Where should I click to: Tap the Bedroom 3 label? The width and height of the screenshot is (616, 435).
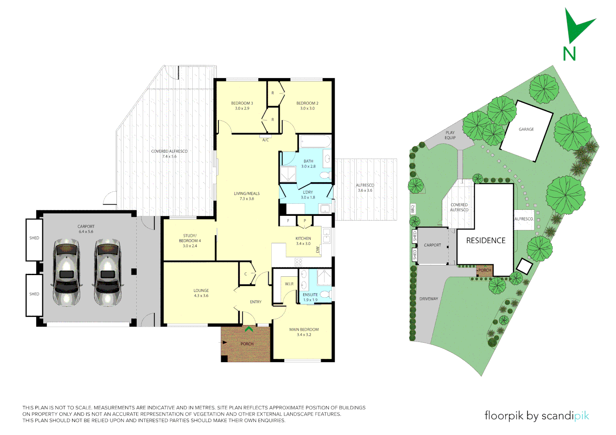coord(242,106)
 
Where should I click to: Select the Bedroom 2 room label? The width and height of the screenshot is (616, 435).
coord(307,106)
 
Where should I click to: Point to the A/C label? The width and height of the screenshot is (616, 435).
coord(265,140)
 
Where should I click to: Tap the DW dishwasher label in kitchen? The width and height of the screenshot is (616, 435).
coord(318,250)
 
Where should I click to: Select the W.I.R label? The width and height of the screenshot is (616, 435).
coord(289,284)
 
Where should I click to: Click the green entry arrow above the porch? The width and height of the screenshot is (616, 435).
coord(249,329)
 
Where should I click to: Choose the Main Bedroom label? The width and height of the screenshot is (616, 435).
coord(304,332)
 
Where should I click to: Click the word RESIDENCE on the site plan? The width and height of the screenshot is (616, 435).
coord(486,240)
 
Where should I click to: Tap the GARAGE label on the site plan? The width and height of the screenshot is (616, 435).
coord(526,129)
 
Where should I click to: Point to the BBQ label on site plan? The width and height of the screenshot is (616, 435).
coord(413,209)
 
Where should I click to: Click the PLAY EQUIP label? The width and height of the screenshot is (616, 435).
coord(450,135)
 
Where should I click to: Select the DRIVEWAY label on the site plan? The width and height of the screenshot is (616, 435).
coord(429,299)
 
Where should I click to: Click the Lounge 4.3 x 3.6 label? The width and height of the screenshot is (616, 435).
coord(201,293)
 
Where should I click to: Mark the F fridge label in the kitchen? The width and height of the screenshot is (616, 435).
coord(288,221)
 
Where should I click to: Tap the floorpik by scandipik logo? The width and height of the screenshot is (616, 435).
coord(537,416)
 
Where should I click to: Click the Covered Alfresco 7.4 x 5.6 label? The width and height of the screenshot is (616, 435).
coord(169,154)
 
